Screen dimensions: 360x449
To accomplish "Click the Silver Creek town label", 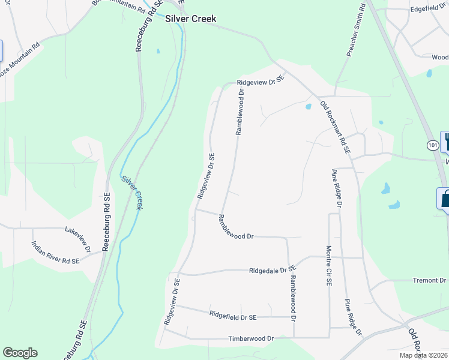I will pyautogui.click(x=190, y=19).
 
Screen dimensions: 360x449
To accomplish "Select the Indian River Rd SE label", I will pyautogui.click(x=55, y=253).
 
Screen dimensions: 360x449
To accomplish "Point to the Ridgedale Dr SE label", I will pyautogui.click(x=273, y=271).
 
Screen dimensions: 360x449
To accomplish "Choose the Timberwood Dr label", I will pyautogui.click(x=250, y=338).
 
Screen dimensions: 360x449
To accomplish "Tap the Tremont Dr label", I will pyautogui.click(x=429, y=280).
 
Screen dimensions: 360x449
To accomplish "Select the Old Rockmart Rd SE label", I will pyautogui.click(x=335, y=128).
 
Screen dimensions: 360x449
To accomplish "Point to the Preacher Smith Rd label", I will pyautogui.click(x=357, y=31).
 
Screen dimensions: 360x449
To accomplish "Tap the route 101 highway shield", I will pyautogui.click(x=433, y=145).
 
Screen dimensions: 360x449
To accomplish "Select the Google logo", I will pyautogui.click(x=20, y=353).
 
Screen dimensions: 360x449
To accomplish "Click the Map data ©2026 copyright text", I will pyautogui.click(x=423, y=355).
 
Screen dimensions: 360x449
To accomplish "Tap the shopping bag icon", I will pyautogui.click(x=445, y=199).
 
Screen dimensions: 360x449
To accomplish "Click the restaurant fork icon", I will pyautogui.click(x=446, y=142).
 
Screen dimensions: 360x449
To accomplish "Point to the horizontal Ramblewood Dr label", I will pyautogui.click(x=237, y=236).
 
